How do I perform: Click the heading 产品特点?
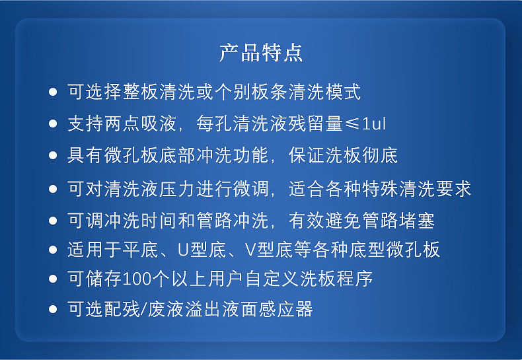click(x=261, y=53)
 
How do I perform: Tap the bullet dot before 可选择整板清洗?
click(x=53, y=92)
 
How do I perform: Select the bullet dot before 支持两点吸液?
click(x=53, y=124)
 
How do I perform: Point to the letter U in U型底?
click(x=184, y=249)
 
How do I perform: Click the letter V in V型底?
click(x=250, y=249)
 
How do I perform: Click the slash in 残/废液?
click(x=143, y=309)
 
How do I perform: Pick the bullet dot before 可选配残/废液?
click(x=53, y=309)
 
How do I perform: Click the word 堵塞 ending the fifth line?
click(x=416, y=220)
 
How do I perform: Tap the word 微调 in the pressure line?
click(x=251, y=189)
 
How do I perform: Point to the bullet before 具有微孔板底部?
click(x=53, y=155)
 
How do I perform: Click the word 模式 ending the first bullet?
click(x=343, y=92)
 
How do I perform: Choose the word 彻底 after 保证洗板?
click(x=380, y=155)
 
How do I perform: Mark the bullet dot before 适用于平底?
click(x=53, y=249)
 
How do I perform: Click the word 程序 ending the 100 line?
click(x=355, y=279)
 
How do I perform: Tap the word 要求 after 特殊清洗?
click(x=453, y=189)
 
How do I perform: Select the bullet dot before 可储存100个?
click(x=53, y=279)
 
